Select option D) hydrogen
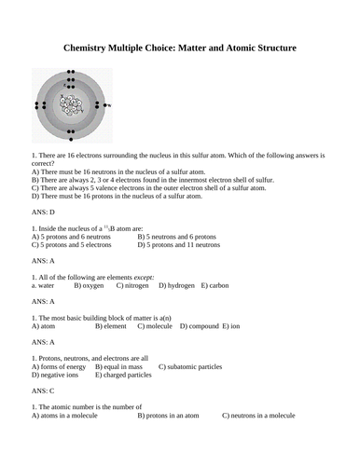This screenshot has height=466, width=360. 177,285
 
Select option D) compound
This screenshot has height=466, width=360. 200,327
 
